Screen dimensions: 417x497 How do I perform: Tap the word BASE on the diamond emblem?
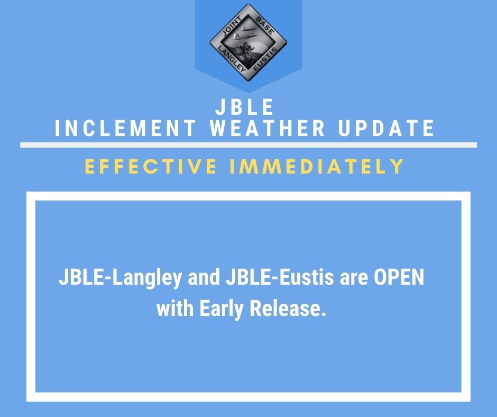pos(265,26)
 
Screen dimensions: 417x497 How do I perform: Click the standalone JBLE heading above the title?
pos(245,107)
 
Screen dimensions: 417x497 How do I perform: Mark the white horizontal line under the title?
pos(248,145)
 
